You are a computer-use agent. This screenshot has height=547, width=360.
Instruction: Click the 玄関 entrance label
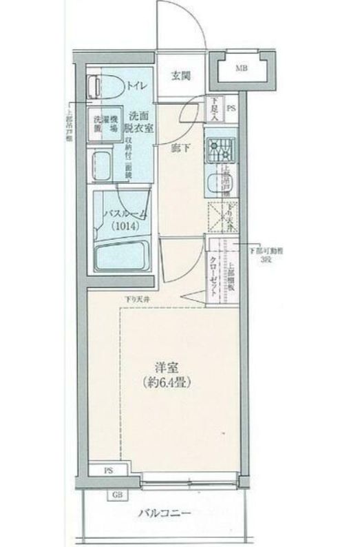tap(182, 76)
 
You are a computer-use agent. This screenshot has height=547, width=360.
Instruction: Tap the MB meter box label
tap(241, 68)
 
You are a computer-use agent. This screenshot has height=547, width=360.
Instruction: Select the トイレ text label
tap(135, 87)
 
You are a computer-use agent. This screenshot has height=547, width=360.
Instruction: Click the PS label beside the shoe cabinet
tap(231, 107)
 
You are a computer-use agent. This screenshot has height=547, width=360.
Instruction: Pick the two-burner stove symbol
tap(221, 148)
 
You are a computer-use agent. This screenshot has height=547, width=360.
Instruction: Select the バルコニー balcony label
tap(162, 513)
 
